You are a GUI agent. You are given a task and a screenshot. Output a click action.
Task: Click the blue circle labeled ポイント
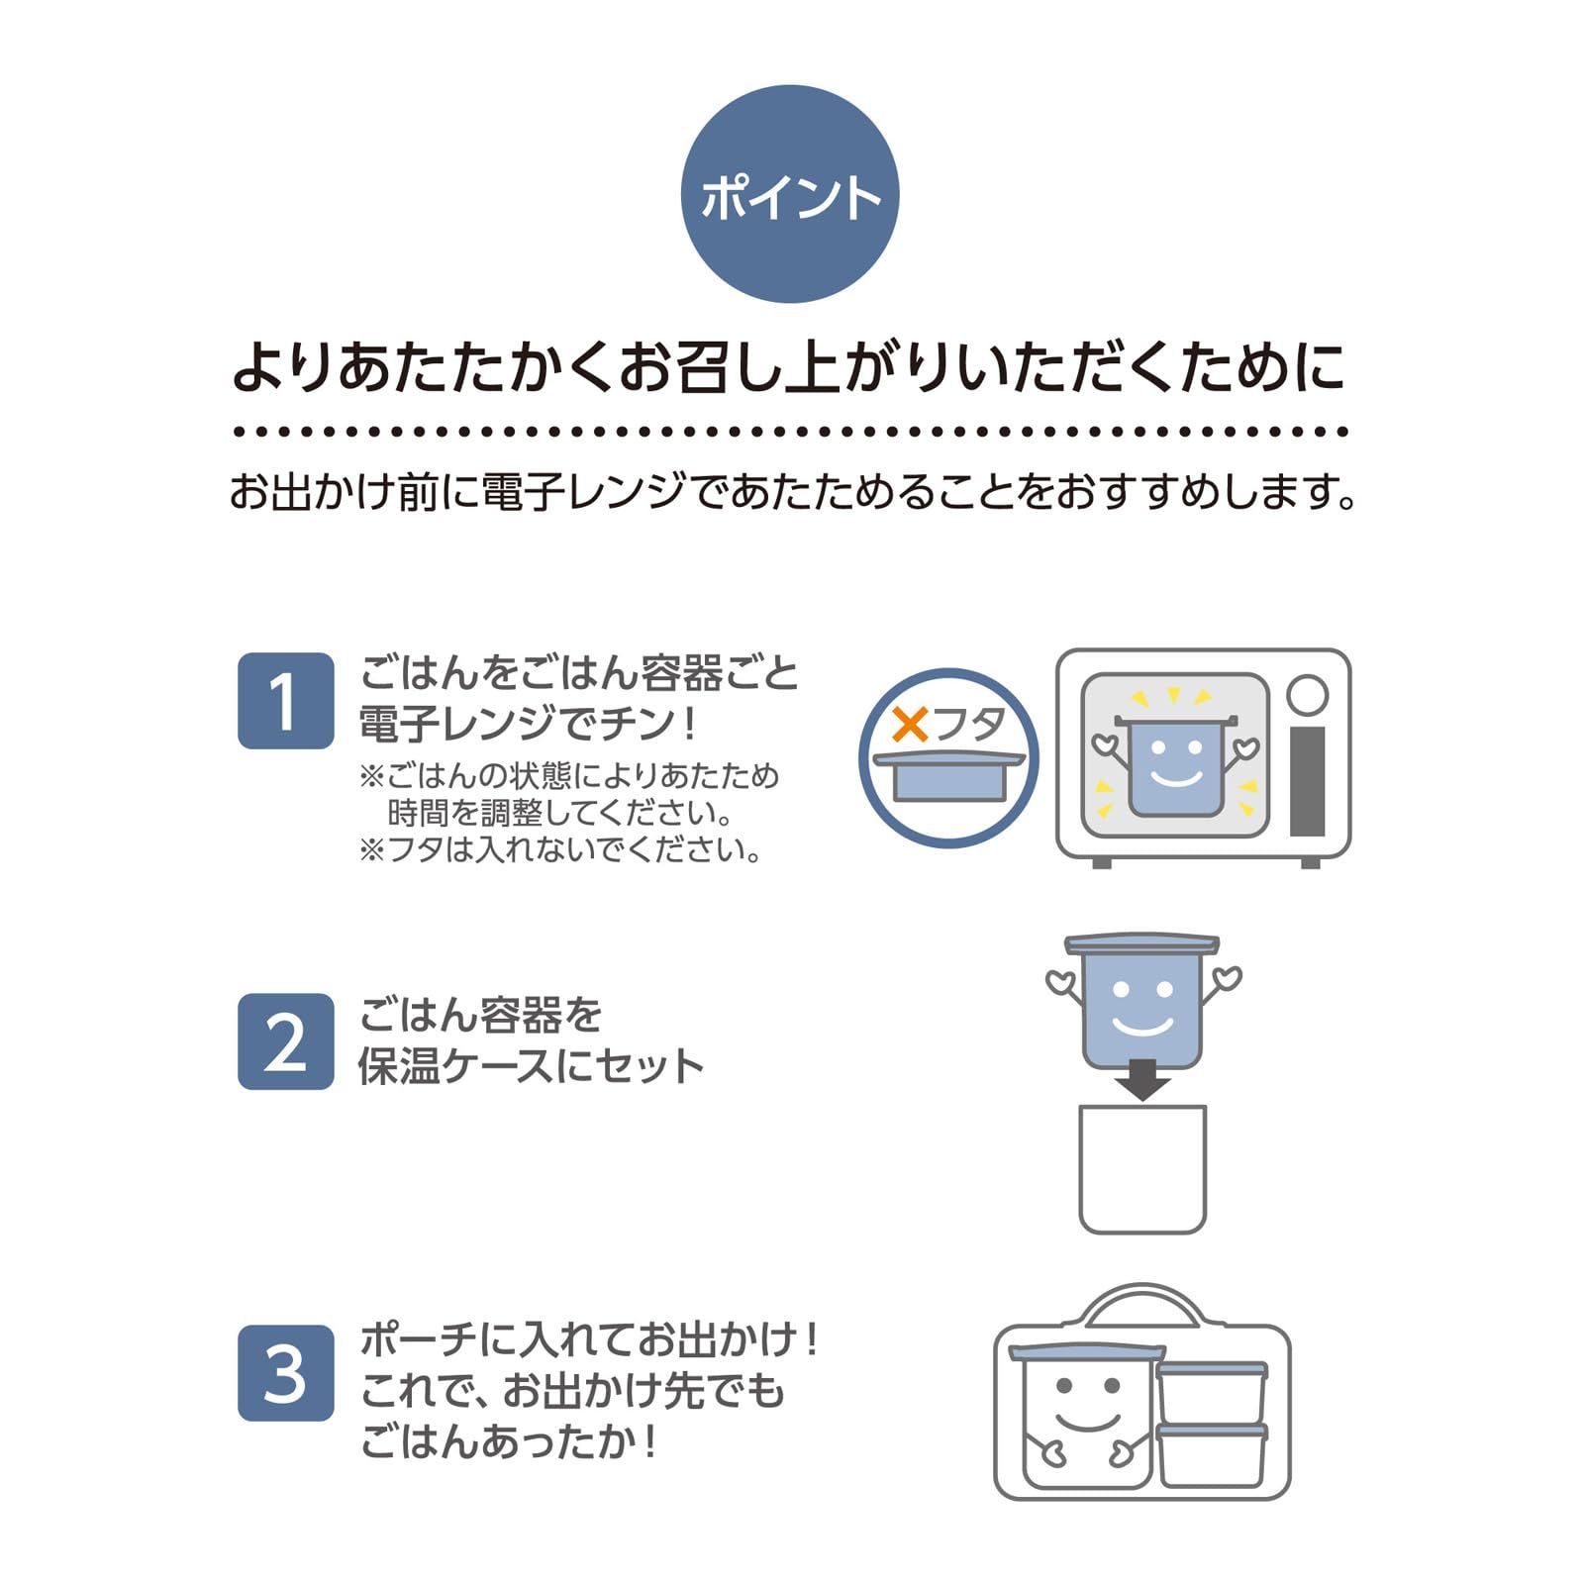[x=790, y=194]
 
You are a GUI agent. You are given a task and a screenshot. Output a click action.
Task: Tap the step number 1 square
[x=285, y=701]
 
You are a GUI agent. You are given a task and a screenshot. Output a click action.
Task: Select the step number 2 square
[x=285, y=1041]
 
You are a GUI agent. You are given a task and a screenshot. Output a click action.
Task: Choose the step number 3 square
[x=285, y=1373]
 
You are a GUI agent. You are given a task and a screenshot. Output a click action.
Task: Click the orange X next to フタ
[x=910, y=726]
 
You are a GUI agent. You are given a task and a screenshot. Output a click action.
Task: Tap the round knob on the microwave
[x=1307, y=695]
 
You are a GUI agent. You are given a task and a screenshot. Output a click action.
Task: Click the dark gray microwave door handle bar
[x=1307, y=782]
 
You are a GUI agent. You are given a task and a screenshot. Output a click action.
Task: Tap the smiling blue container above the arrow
[x=1142, y=1005]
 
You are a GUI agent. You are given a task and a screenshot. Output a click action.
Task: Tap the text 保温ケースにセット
[x=531, y=1066]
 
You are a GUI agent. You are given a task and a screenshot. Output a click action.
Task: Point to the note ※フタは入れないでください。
[x=561, y=849]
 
